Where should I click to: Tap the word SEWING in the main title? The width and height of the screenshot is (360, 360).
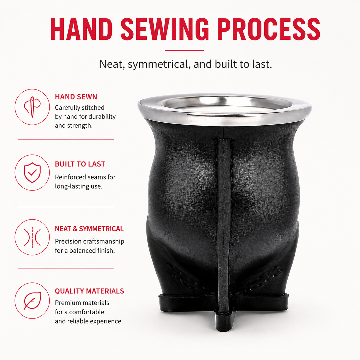[x=165, y=29]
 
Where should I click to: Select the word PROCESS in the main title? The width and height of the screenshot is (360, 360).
[x=269, y=29]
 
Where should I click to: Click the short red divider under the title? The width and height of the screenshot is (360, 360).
[x=184, y=50]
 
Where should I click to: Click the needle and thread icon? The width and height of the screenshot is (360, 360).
[x=32, y=107]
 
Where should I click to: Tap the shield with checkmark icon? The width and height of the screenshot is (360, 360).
[x=32, y=173]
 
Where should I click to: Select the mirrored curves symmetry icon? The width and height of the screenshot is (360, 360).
[x=32, y=237]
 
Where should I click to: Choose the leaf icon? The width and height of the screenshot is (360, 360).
[x=32, y=301]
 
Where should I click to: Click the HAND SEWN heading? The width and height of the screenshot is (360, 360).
[x=76, y=97]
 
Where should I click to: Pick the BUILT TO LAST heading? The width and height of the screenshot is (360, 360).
[x=80, y=164]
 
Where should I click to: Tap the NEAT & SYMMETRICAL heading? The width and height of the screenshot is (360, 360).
[x=89, y=229]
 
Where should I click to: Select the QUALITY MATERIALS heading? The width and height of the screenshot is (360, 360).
[x=89, y=291]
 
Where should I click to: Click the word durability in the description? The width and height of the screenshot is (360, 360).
[x=102, y=117]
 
